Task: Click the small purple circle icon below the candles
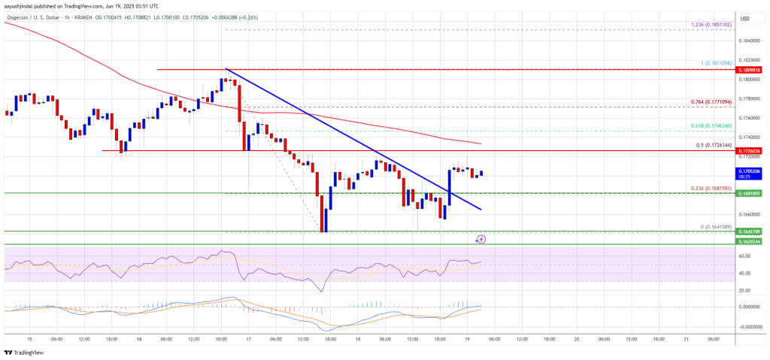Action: click(x=480, y=239)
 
